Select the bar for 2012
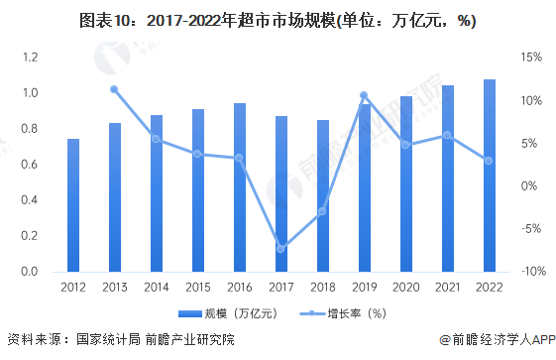(x=73, y=205)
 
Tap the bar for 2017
(x=281, y=194)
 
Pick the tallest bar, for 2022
(x=489, y=176)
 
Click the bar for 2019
(x=364, y=188)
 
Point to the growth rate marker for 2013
(x=115, y=89)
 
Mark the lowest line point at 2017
(x=281, y=249)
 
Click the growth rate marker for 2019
(x=364, y=95)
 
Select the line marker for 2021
(x=447, y=135)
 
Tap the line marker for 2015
(x=198, y=154)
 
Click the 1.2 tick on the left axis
(x=29, y=58)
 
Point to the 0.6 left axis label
(x=29, y=165)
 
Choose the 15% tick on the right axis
(x=529, y=58)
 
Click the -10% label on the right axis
(x=528, y=272)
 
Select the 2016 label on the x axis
(x=240, y=288)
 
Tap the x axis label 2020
(x=405, y=288)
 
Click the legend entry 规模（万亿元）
(x=232, y=313)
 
